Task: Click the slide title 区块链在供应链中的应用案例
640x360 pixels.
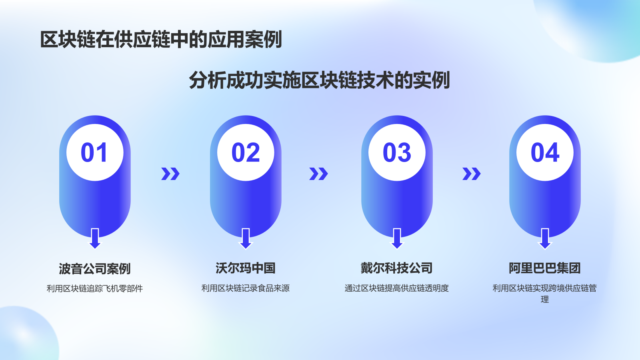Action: pos(161,40)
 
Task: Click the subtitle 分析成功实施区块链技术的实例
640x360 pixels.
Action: pos(320,80)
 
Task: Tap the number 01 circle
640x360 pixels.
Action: pos(95,152)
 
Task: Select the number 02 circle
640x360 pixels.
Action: pos(246,152)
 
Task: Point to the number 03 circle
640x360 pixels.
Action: pos(397,152)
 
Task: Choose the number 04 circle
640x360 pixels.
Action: pos(545,152)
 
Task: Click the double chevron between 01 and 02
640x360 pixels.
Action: pos(170,174)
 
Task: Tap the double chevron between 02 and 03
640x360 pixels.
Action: pos(318,174)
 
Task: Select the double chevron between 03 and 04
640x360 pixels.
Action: pos(471,174)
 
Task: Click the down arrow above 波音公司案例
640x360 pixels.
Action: pos(95,238)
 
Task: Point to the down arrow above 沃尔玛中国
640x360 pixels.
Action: pos(246,238)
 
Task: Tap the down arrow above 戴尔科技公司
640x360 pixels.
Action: pos(397,238)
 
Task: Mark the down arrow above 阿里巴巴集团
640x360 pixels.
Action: pos(545,238)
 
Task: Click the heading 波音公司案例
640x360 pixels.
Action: pos(95,268)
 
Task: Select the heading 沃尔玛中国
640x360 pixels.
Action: pos(246,268)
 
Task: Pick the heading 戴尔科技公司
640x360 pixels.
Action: pos(397,268)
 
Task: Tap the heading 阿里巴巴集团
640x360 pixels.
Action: pos(545,268)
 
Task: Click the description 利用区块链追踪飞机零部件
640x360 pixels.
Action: pos(95,288)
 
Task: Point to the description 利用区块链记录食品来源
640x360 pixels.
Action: pos(246,288)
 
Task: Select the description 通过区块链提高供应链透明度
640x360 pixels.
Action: pos(397,288)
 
